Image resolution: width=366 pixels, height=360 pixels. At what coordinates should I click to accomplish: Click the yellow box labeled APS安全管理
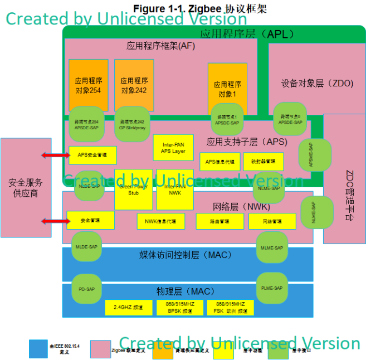(x=92, y=154)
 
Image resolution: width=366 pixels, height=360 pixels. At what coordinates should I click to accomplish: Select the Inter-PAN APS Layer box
(x=173, y=147)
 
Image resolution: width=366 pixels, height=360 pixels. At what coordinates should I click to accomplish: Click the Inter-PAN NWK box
(x=174, y=189)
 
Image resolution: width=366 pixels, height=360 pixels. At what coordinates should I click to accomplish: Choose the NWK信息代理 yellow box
(x=160, y=221)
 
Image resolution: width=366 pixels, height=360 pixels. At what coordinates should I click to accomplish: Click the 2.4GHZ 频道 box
(x=128, y=308)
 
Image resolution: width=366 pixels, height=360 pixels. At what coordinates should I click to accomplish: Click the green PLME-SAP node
(x=271, y=288)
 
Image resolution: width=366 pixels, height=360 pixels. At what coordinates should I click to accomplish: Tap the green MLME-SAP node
(x=271, y=247)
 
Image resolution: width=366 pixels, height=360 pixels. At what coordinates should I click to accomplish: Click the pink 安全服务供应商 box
(x=26, y=187)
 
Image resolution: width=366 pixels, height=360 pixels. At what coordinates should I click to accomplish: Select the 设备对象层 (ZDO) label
(x=317, y=84)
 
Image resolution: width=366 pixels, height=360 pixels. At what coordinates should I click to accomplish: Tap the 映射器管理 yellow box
(x=263, y=162)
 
